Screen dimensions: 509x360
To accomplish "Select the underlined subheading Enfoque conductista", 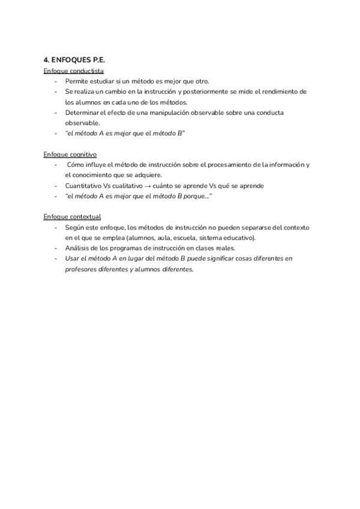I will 74,71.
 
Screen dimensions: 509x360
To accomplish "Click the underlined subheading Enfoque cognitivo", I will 71,154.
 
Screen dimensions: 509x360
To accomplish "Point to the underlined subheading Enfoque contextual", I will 72,216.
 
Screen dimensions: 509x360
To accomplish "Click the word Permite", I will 77,81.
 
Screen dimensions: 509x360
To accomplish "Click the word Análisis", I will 77,248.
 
